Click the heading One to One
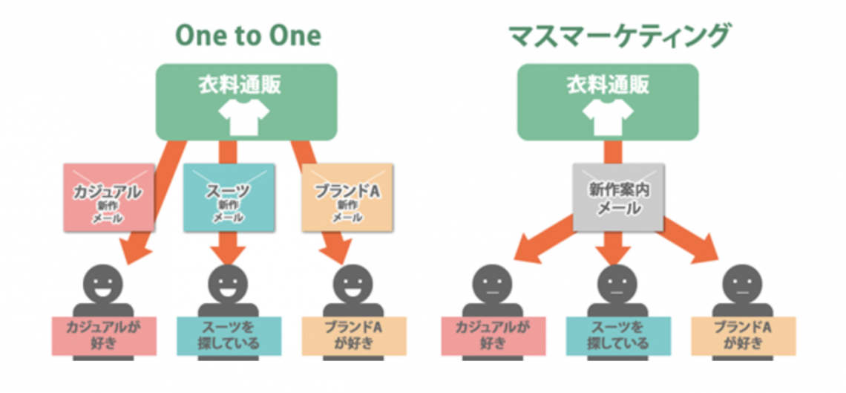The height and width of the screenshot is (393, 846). [248, 36]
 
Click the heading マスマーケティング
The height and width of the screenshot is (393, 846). [620, 37]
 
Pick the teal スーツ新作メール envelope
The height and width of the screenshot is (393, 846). [228, 198]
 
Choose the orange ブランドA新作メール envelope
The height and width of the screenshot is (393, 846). [347, 198]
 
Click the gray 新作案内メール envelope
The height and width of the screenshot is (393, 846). [618, 198]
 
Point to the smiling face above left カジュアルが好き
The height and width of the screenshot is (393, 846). [104, 284]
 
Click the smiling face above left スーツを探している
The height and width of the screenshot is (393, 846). [228, 284]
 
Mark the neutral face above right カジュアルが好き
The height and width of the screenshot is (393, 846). [493, 284]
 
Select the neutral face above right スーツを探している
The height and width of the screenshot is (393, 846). [617, 284]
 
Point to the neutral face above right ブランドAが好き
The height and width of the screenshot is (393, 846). [742, 284]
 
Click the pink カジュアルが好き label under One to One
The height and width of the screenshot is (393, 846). [104, 336]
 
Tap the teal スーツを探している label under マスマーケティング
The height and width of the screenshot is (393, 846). [618, 336]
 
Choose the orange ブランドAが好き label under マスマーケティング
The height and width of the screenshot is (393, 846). [744, 336]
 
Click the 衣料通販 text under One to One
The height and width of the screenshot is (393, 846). [246, 85]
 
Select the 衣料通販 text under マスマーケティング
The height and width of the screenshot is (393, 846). [608, 85]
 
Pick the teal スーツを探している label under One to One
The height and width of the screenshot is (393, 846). [229, 336]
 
